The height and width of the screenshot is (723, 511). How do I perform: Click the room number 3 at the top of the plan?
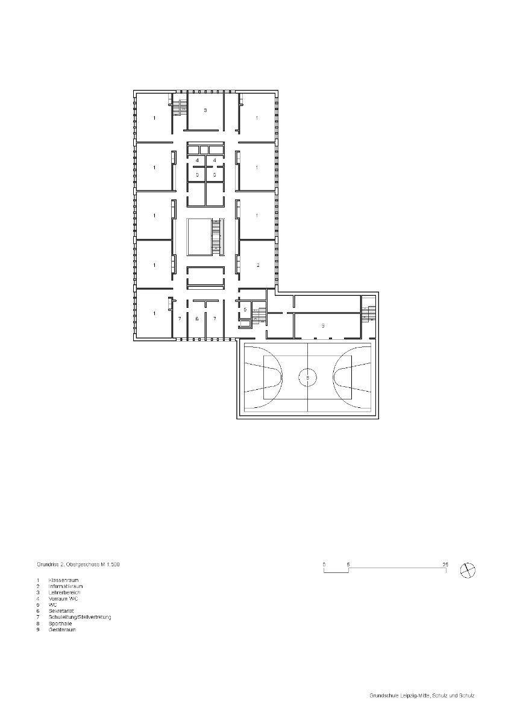point(205,111)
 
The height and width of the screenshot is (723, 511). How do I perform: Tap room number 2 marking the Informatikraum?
point(257,265)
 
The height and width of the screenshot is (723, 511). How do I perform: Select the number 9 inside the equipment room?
point(323,325)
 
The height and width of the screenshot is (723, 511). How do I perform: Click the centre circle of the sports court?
point(308,378)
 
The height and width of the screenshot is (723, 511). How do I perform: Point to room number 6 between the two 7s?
point(197,318)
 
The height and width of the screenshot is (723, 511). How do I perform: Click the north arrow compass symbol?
point(467,569)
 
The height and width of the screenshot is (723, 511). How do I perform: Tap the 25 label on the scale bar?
point(445,564)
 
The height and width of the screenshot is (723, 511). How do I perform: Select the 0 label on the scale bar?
point(324,564)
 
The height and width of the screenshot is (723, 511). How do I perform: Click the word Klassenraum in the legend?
point(63,580)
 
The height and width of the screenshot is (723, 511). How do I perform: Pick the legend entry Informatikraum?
point(66,586)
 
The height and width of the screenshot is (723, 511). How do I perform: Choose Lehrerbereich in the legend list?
point(64,593)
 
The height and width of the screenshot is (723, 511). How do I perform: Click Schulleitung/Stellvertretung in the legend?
point(80,618)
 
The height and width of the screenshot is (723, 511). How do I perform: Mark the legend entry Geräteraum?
point(63,630)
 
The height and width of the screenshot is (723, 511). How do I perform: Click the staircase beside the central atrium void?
point(216,237)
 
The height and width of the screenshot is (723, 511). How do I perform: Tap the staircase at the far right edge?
point(369,313)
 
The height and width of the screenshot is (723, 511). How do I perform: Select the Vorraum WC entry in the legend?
point(63,599)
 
